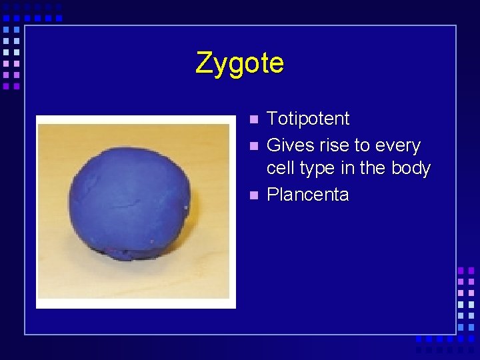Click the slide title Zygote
[x=239, y=64]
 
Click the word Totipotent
[x=307, y=119]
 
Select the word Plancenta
[x=307, y=195]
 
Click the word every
[x=398, y=146]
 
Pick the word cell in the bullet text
[x=281, y=168]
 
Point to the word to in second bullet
[x=363, y=145]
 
